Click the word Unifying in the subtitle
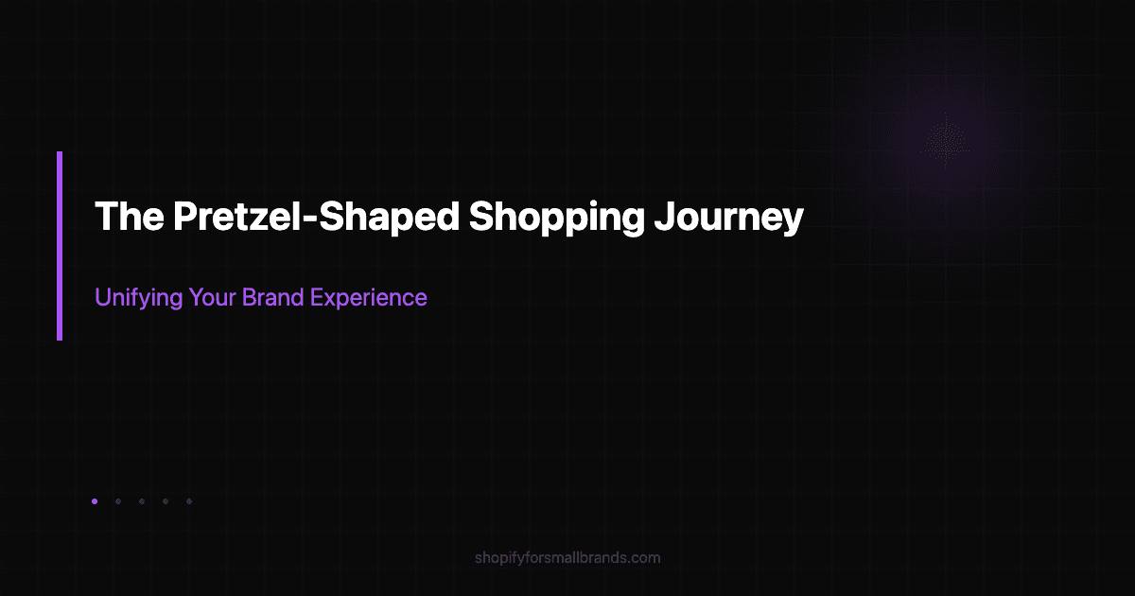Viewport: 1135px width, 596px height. [x=134, y=297]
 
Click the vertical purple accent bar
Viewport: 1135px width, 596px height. [x=60, y=245]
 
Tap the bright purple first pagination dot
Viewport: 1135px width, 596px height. [x=95, y=501]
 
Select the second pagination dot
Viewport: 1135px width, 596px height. [x=118, y=501]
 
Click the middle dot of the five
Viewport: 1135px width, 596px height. [x=142, y=501]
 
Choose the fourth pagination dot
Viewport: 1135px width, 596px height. [x=166, y=501]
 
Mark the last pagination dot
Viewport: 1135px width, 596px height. [x=189, y=501]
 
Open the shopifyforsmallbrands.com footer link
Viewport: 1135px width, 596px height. [x=567, y=557]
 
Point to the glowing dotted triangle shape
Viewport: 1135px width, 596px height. [x=945, y=139]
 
